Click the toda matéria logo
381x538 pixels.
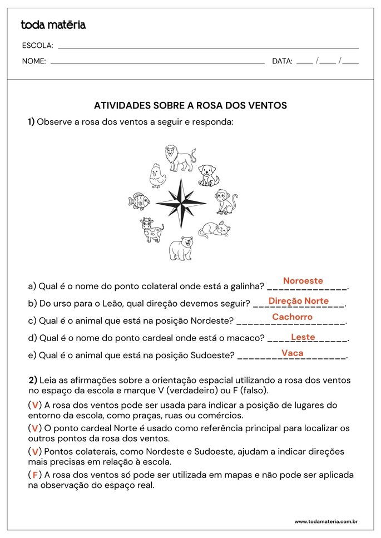[53, 25]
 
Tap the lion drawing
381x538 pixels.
[180, 158]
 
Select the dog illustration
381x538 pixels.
[209, 175]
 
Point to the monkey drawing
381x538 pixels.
[226, 201]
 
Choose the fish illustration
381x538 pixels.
[138, 200]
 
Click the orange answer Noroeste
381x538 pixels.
[303, 281]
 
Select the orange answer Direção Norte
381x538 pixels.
[298, 301]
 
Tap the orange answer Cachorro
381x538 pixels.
[292, 317]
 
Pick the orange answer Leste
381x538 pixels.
[303, 337]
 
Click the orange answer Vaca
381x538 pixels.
[292, 353]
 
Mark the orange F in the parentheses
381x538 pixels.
[34, 475]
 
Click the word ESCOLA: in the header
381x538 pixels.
[37, 46]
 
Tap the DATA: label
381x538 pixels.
[282, 62]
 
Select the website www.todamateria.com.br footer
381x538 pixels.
[325, 522]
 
